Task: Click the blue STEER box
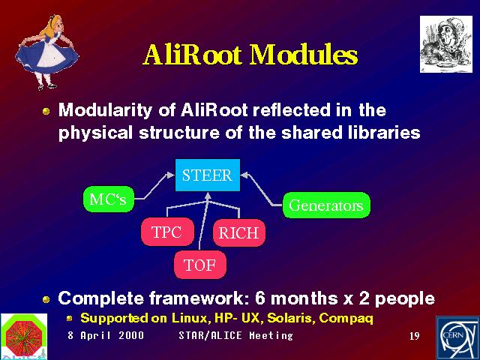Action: pyautogui.click(x=208, y=175)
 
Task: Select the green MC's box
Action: pyautogui.click(x=109, y=199)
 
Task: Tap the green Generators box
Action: pyautogui.click(x=326, y=205)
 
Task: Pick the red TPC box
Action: pyautogui.click(x=167, y=232)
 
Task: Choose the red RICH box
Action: pyautogui.click(x=239, y=233)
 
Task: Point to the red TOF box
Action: pyautogui.click(x=200, y=265)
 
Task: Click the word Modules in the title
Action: pyautogui.click(x=304, y=55)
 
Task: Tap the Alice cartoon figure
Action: pyautogui.click(x=46, y=52)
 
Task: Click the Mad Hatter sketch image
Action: pyautogui.click(x=446, y=44)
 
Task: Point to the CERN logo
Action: pyautogui.click(x=457, y=338)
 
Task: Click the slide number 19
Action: pyautogui.click(x=415, y=336)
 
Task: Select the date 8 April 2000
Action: pyautogui.click(x=106, y=335)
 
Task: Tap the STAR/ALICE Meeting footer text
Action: pyautogui.click(x=235, y=335)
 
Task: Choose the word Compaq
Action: pyautogui.click(x=346, y=319)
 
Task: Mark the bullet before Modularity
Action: pyautogui.click(x=46, y=111)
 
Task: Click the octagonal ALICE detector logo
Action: pyautogui.click(x=24, y=337)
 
